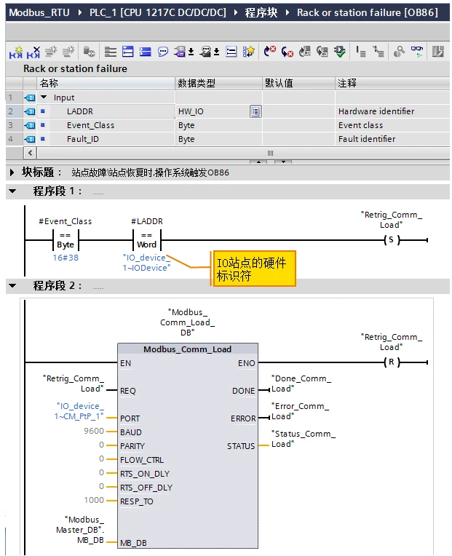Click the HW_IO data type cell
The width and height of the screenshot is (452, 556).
191,111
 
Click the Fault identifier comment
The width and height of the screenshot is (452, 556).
367,139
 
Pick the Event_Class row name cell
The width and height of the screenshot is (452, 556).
90,125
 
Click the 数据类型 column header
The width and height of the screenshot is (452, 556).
197,83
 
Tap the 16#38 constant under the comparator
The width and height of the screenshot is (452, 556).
66,258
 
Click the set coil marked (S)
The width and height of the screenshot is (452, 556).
391,239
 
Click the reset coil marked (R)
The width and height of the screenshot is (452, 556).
391,362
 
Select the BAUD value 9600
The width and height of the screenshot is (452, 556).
94,432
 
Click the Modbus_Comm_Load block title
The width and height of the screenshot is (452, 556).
187,349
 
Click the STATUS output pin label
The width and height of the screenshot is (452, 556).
241,446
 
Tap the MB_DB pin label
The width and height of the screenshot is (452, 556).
134,543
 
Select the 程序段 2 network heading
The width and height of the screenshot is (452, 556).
58,286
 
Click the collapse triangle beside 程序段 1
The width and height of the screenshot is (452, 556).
12,191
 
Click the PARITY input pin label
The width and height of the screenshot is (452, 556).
132,446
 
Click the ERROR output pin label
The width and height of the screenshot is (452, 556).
243,418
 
